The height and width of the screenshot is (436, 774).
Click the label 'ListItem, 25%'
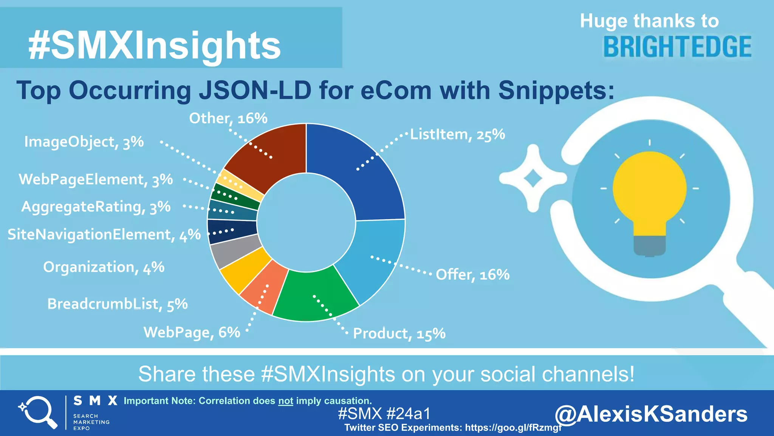click(457, 134)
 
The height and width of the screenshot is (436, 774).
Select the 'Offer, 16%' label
click(472, 274)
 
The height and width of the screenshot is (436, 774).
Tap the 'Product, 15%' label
click(399, 333)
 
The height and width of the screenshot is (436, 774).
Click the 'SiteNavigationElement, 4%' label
click(104, 235)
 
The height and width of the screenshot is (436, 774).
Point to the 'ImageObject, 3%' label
click(84, 142)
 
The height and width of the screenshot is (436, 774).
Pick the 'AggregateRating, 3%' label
click(96, 207)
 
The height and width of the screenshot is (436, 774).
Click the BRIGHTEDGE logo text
click(677, 47)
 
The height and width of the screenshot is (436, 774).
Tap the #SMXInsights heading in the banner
click(154, 45)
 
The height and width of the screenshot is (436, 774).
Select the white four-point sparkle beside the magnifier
click(533, 178)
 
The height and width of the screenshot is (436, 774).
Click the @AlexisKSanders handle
click(651, 414)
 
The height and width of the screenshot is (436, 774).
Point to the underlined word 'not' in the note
click(286, 401)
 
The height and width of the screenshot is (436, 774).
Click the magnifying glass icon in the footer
click(38, 412)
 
